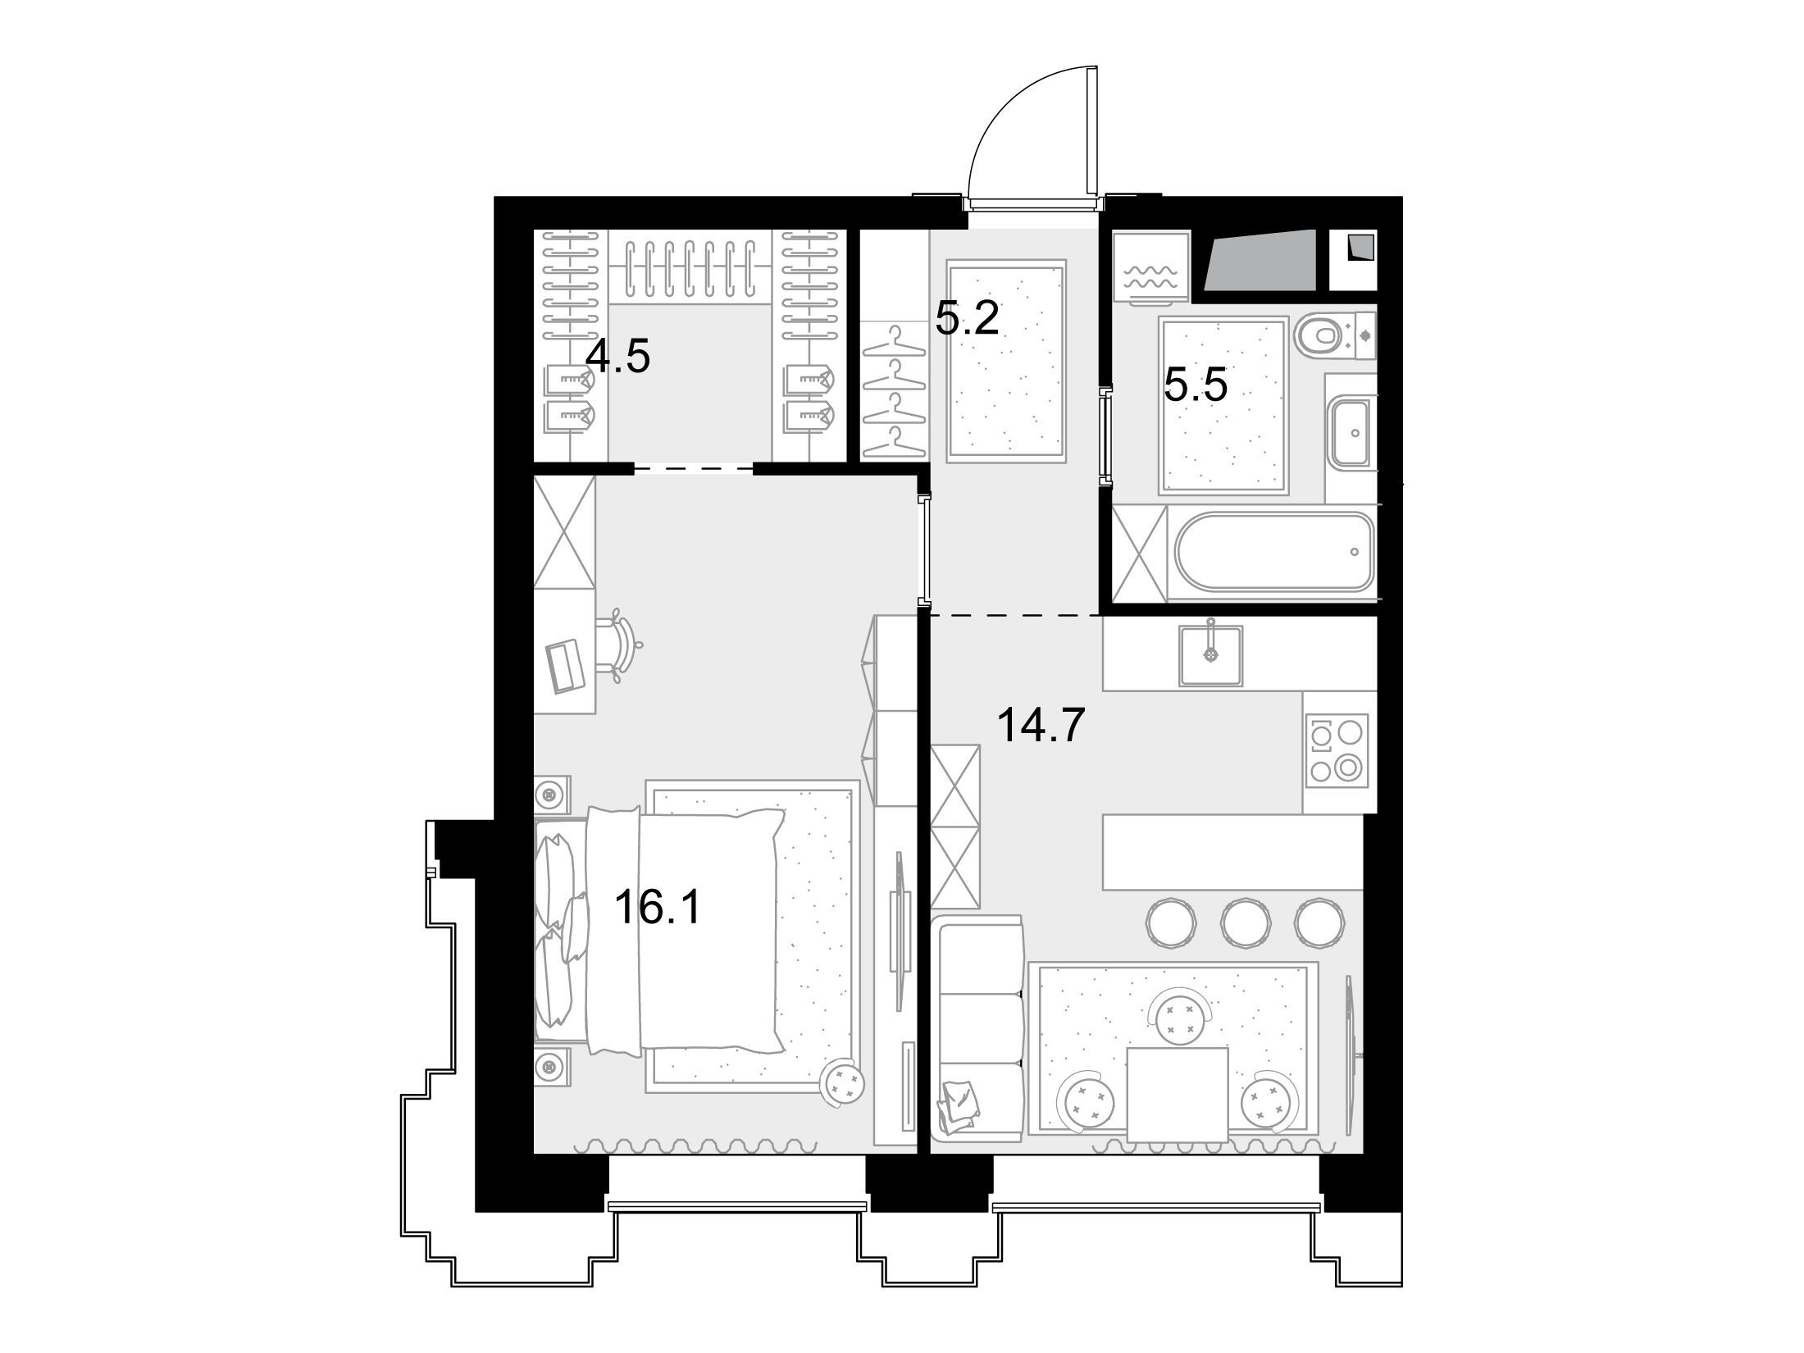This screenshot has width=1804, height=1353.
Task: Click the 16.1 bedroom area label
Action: point(657,908)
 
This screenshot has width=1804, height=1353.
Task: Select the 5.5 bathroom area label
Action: point(1196,385)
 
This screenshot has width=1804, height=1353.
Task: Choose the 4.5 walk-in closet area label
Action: point(618,357)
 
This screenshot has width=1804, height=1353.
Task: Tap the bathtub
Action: point(1273,551)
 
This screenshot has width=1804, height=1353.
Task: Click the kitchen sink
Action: point(1210,655)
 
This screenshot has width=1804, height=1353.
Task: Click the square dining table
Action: point(1178,1094)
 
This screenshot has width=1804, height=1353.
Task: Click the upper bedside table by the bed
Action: point(550,794)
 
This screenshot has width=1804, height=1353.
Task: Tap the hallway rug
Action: point(1006,361)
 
